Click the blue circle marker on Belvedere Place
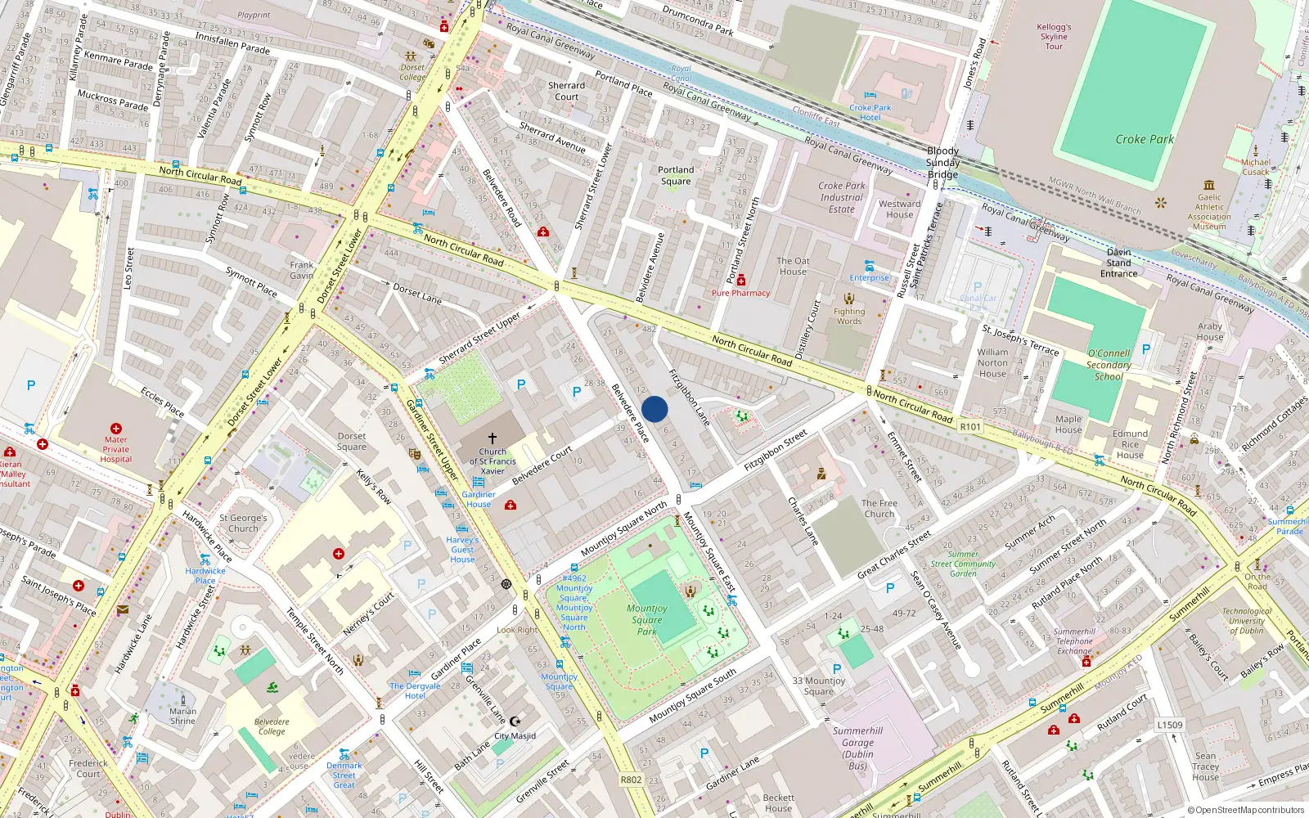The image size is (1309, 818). [654, 409]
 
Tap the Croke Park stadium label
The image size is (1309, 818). [1145, 139]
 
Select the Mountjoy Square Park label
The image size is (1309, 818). [647, 619]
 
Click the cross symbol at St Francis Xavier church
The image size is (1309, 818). [493, 438]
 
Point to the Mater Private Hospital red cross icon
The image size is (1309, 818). [116, 429]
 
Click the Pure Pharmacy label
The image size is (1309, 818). [740, 293]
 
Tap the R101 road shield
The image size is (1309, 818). [970, 427]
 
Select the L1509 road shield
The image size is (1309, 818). [1170, 725]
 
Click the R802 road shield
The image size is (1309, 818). [631, 780]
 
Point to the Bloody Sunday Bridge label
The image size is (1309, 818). [942, 162]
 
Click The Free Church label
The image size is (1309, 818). [879, 509]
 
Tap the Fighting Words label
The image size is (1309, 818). [849, 316]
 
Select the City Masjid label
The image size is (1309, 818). [515, 735]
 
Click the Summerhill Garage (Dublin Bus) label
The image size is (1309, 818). [857, 748]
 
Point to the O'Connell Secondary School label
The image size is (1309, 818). [1109, 365]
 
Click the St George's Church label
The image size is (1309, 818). [243, 523]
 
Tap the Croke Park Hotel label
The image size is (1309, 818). [870, 112]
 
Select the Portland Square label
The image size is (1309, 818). [676, 176]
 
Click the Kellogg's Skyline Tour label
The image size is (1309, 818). [1054, 37]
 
